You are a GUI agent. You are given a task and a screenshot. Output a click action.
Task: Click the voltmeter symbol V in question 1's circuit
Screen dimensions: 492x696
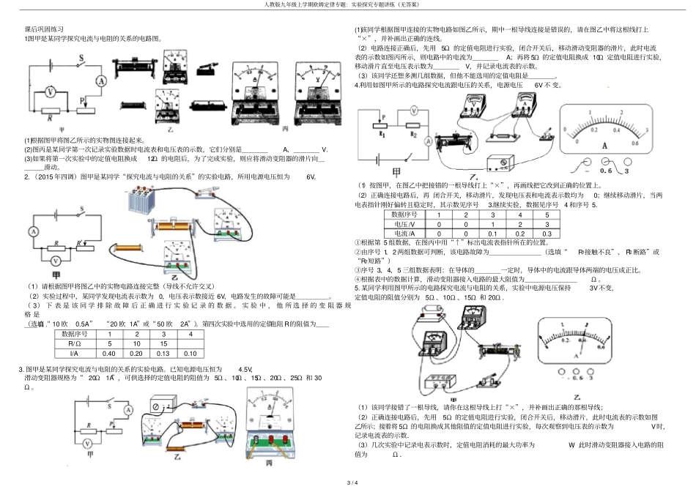coord(50,92)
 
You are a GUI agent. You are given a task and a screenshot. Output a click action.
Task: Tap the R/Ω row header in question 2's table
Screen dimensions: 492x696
coord(73,343)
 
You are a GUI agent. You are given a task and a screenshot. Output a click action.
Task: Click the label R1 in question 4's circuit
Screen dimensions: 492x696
coord(382,135)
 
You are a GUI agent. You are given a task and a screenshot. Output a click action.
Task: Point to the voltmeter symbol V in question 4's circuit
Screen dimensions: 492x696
coord(414,111)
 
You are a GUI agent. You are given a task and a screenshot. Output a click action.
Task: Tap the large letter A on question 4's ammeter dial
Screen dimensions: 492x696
coord(604,145)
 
